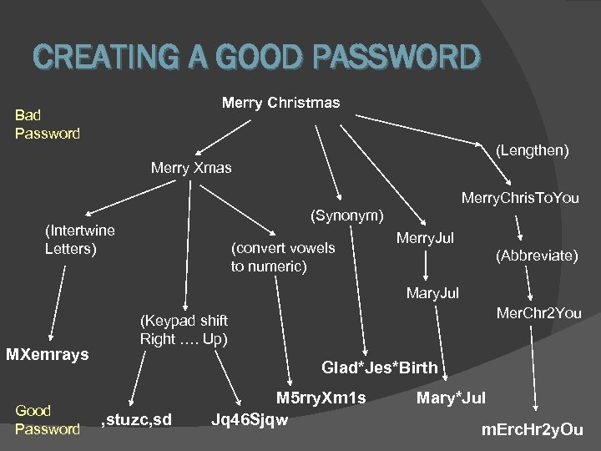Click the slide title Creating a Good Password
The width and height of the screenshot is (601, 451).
[257, 57]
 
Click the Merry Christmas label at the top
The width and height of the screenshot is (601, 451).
[280, 103]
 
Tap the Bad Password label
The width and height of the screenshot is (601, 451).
[48, 124]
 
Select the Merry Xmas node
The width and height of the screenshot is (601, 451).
[191, 168]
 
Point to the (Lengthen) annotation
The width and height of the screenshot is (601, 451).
[533, 150]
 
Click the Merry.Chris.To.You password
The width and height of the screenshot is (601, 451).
[519, 198]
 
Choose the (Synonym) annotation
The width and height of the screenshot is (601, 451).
[346, 215]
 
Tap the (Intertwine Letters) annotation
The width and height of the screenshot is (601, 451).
[80, 239]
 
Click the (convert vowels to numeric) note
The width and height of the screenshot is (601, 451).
[283, 256]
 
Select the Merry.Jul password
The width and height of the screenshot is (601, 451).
[425, 239]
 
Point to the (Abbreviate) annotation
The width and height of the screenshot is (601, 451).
[537, 256]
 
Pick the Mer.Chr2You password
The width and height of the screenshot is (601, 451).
[538, 313]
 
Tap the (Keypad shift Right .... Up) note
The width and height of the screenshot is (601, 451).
[184, 330]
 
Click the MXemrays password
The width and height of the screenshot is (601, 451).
[48, 355]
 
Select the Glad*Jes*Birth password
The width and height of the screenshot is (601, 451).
[379, 367]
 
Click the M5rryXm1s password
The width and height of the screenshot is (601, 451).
[321, 398]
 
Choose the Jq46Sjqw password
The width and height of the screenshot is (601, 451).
[250, 418]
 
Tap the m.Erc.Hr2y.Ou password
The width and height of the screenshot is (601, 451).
[532, 430]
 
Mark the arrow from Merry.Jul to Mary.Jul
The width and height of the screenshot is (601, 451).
[427, 266]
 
